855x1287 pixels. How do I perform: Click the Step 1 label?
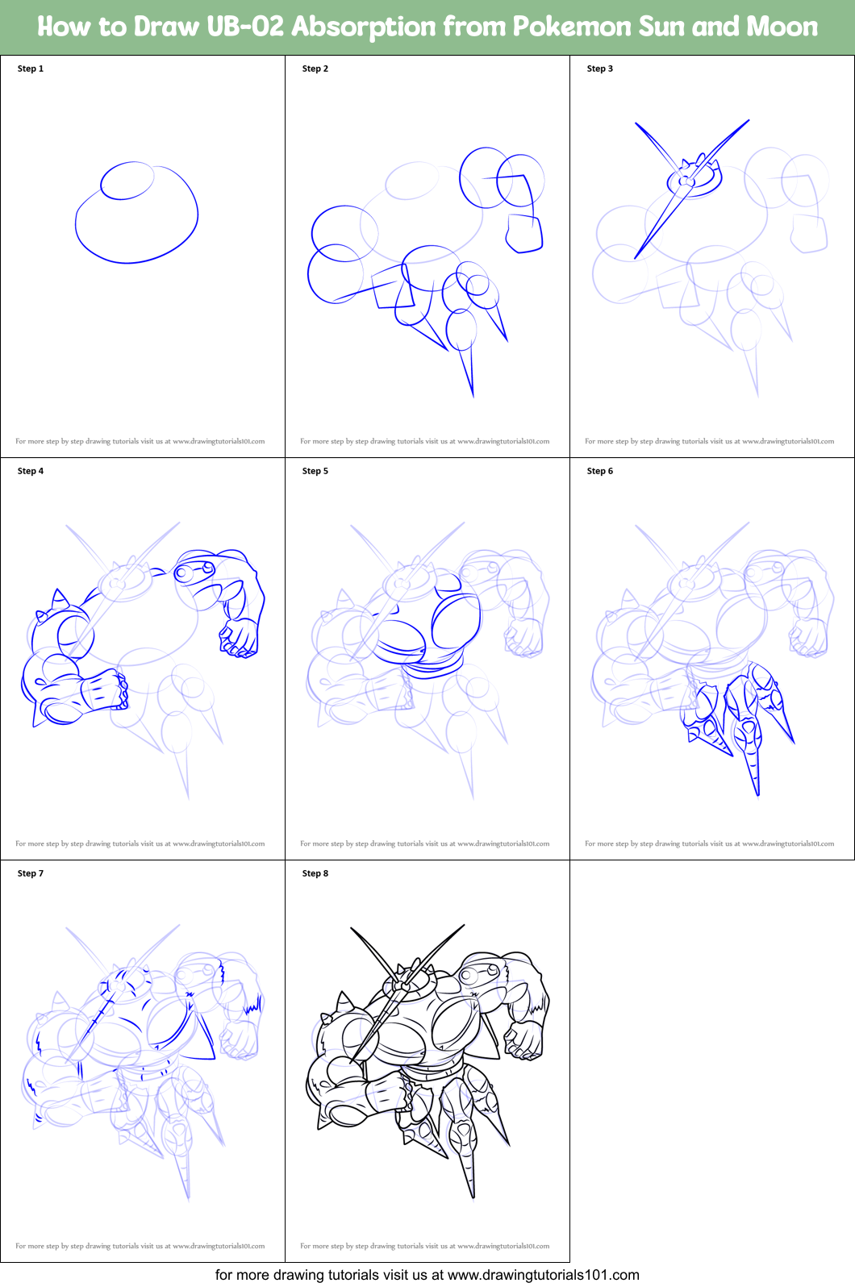(x=31, y=69)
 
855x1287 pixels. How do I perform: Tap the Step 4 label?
(x=31, y=471)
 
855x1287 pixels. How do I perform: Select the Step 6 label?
(x=599, y=471)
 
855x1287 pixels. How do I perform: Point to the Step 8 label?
(x=315, y=873)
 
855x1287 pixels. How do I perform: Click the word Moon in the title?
(x=781, y=27)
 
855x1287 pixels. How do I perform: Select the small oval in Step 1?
(x=127, y=181)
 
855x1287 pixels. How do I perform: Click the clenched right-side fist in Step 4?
(x=239, y=638)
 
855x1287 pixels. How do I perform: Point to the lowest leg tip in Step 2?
(x=472, y=394)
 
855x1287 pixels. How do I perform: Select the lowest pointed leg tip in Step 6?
(x=757, y=791)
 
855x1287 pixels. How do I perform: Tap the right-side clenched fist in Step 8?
(x=524, y=1039)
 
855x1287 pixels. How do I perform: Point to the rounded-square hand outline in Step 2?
(x=524, y=234)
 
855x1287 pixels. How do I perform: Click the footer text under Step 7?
(x=140, y=1246)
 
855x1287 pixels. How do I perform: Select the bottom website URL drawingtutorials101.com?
(x=543, y=1275)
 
